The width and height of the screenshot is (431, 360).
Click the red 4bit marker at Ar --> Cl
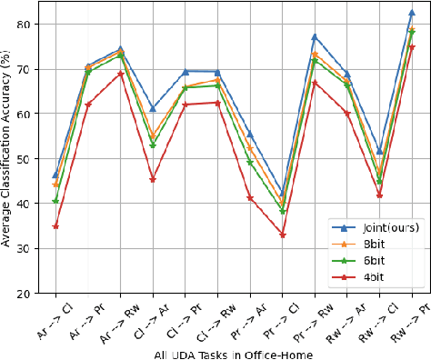[55, 225]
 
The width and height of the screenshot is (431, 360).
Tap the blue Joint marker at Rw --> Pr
[412, 13]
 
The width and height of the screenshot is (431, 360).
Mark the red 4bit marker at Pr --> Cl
[282, 235]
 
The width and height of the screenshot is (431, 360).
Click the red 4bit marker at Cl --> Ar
[153, 179]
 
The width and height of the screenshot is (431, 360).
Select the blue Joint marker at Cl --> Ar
[153, 108]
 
